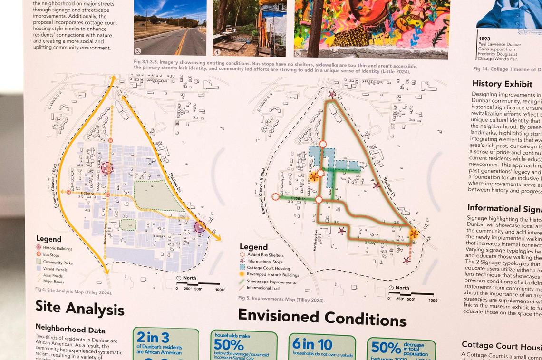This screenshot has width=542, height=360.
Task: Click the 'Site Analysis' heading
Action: pyautogui.click(x=79, y=309)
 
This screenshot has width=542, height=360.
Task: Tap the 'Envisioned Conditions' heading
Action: pyautogui.click(x=321, y=318)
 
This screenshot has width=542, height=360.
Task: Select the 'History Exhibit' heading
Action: pyautogui.click(x=502, y=84)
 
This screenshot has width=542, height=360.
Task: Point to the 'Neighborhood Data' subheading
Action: pyautogui.click(x=70, y=329)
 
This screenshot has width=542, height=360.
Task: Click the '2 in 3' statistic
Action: pyautogui.click(x=153, y=337)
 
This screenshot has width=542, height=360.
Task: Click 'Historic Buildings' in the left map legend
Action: pyautogui.click(x=57, y=248)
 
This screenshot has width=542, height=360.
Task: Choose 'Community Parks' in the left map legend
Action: pyautogui.click(x=58, y=262)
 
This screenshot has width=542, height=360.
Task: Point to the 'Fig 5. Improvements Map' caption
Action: pyautogui.click(x=281, y=300)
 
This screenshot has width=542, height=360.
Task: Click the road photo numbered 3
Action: pyautogui.click(x=170, y=28)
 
